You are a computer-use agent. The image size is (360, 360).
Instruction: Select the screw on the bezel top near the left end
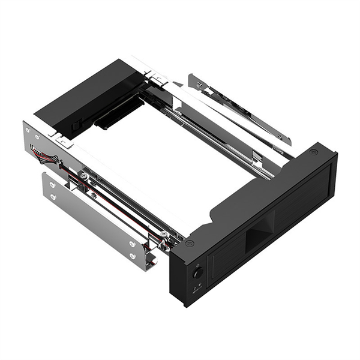point(190,243)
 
